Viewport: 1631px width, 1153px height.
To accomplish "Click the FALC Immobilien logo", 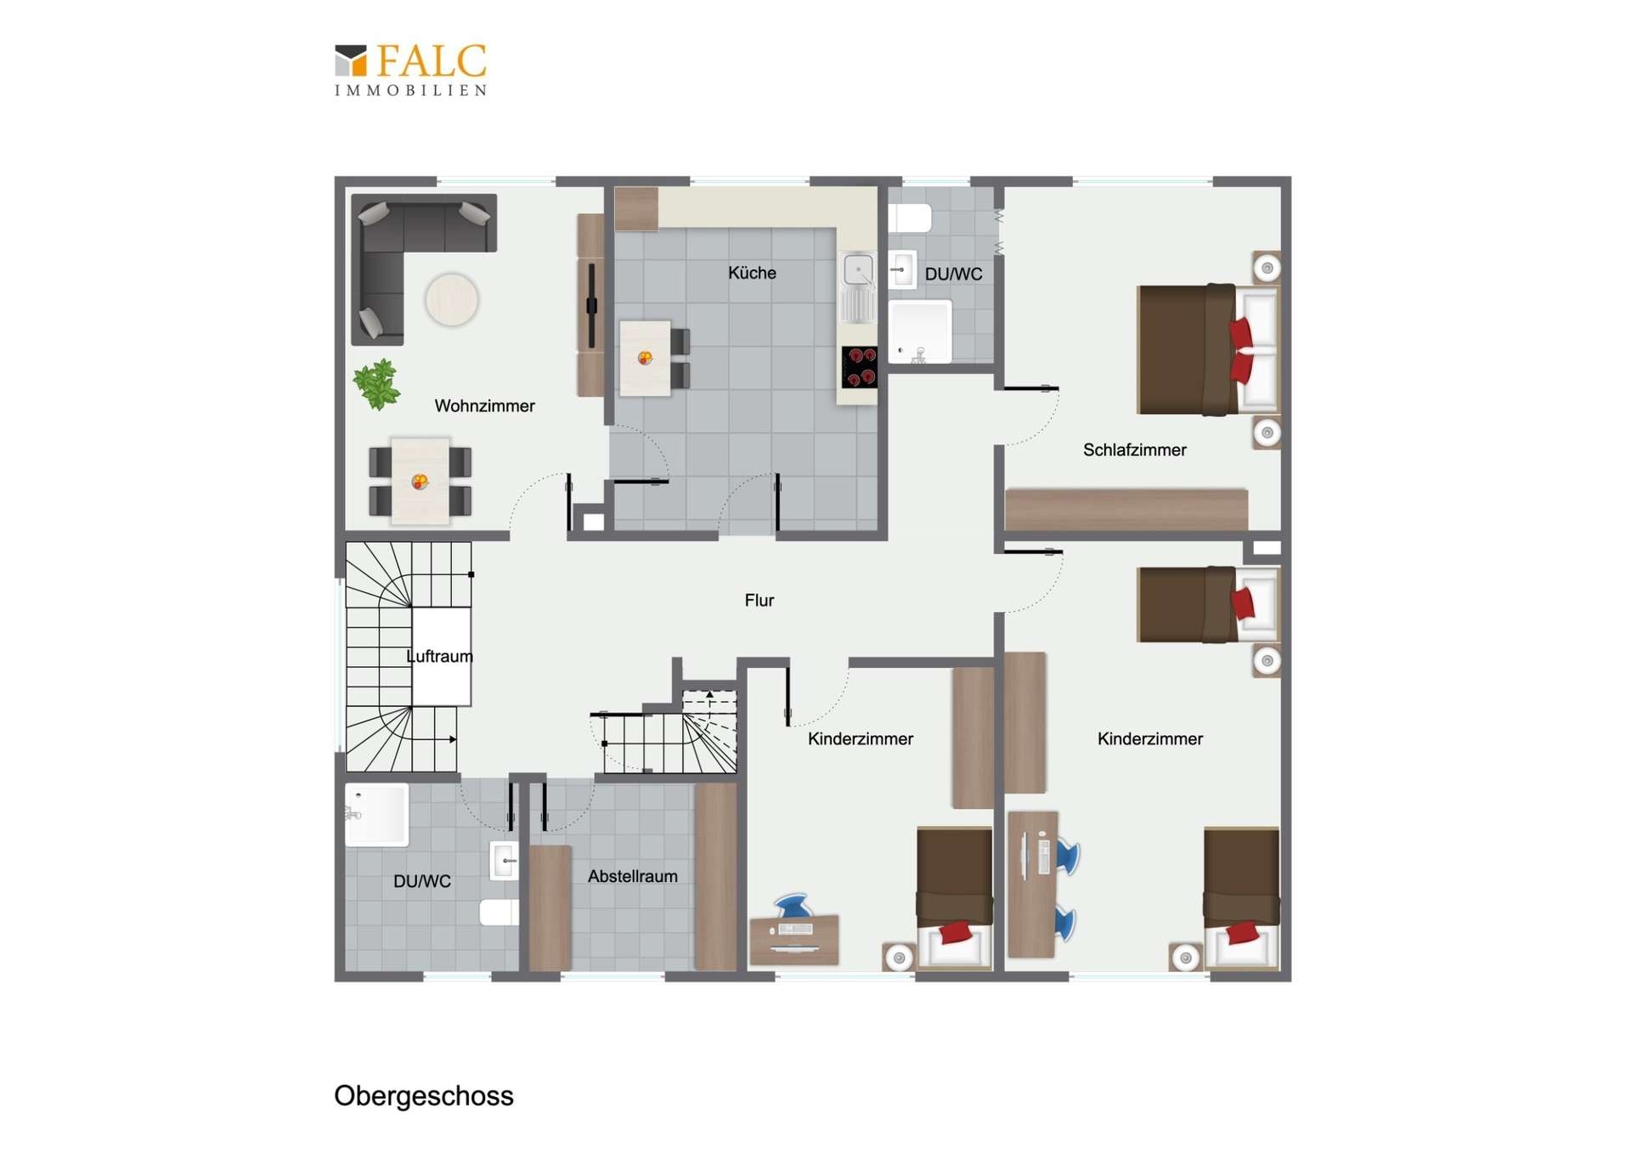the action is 410,70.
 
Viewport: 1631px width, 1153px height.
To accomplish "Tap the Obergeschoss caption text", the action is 424,1096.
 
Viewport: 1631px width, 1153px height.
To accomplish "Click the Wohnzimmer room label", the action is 484,406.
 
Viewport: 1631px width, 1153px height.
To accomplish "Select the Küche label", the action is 752,273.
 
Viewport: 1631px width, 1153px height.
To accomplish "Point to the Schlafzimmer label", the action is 1134,450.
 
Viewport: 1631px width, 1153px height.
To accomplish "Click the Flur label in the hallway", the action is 759,601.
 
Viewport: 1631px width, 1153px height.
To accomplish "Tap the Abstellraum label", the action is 633,876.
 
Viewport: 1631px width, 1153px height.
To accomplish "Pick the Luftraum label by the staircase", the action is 439,656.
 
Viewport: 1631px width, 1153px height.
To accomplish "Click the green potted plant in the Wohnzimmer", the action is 376,384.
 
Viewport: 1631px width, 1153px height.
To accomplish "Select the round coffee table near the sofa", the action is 452,299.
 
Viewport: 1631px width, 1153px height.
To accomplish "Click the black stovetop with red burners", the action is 859,367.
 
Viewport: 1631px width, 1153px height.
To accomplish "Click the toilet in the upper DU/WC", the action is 910,218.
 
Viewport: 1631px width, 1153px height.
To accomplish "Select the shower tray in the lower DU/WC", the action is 376,815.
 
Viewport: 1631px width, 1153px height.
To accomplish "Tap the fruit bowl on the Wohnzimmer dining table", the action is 420,482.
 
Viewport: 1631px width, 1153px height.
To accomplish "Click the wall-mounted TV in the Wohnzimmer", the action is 591,305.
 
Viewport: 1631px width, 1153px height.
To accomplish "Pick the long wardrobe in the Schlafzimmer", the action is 1126,509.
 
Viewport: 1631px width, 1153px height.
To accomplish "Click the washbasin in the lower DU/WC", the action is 505,861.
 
